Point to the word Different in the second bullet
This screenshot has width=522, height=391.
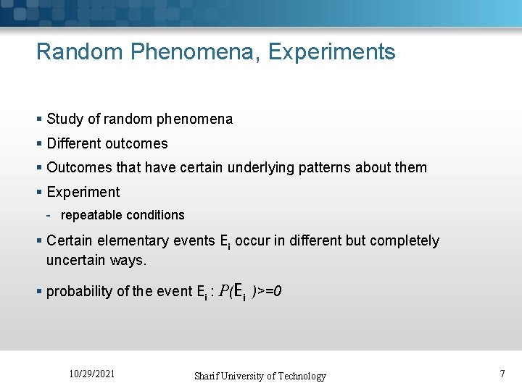click(x=75, y=143)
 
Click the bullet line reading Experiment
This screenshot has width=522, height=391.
click(x=83, y=192)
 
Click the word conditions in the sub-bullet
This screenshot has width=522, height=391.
click(x=155, y=215)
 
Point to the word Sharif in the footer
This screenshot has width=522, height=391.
click(x=210, y=376)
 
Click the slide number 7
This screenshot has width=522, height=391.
click(x=502, y=374)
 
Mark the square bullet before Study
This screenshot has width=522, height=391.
click(x=39, y=119)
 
